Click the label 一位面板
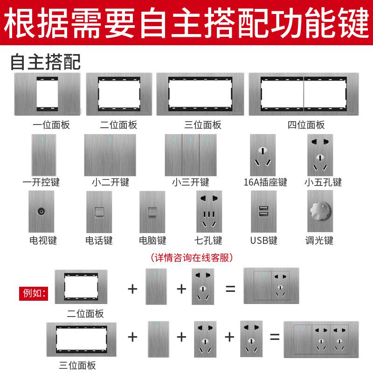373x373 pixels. [51, 125]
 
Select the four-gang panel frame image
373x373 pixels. [304, 94]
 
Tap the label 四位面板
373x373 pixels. [306, 125]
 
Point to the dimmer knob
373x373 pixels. [320, 217]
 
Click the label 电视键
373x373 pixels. [43, 241]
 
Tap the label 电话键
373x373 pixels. [99, 241]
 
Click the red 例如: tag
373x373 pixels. [33, 293]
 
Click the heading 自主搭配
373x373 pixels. [45, 62]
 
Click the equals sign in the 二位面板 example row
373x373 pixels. [230, 288]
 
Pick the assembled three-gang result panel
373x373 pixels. [321, 339]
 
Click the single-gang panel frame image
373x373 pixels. [47, 94]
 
